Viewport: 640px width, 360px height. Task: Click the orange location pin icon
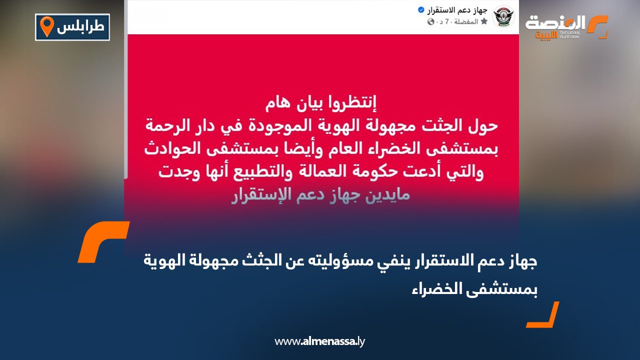[46, 26]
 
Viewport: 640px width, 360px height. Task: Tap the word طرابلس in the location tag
[80, 27]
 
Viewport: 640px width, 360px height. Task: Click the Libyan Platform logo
[566, 27]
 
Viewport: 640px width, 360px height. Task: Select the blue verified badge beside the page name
[421, 10]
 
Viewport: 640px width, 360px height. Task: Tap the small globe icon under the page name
[431, 22]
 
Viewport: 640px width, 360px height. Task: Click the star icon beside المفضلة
[483, 22]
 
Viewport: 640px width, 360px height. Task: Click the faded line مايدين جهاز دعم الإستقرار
[320, 194]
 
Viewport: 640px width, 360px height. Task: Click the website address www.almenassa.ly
[320, 341]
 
